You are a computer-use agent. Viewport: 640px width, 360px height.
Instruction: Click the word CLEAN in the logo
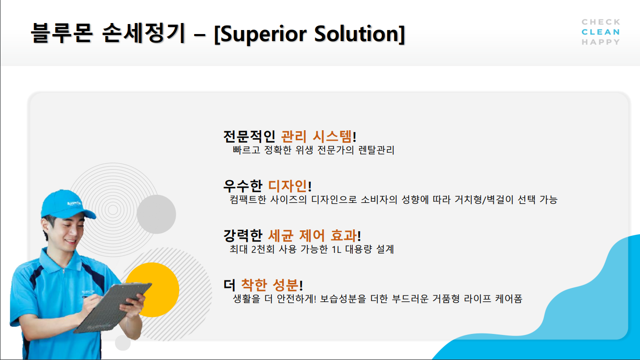click(600, 32)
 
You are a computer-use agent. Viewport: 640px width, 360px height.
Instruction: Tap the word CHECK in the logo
click(600, 22)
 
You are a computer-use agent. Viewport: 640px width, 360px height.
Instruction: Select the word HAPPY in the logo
click(600, 42)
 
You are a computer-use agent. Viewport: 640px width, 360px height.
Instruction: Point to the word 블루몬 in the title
click(62, 33)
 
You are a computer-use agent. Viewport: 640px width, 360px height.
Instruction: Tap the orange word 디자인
click(288, 186)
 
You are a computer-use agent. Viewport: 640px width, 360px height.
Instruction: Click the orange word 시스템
click(332, 136)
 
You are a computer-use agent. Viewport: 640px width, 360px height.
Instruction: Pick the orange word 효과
click(344, 236)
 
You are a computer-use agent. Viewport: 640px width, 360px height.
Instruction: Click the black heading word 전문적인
click(249, 136)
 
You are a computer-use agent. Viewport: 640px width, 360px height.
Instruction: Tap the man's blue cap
click(67, 204)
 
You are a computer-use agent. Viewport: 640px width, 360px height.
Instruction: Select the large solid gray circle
click(156, 214)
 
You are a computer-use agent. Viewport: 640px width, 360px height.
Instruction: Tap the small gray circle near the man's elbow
click(123, 342)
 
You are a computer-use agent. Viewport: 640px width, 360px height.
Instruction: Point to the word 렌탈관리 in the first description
click(376, 150)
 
